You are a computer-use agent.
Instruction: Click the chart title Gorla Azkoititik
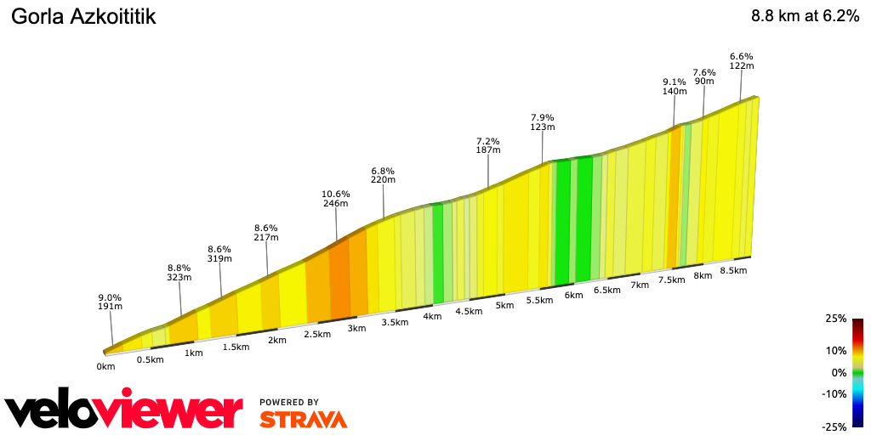pos(83,16)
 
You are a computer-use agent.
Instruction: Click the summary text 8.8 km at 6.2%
pos(805,16)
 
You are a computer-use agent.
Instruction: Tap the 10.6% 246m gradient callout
pos(337,199)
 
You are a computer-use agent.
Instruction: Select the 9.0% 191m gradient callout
pos(110,302)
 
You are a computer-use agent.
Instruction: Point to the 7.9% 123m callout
pos(543,122)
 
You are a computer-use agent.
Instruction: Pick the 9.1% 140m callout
pos(675,87)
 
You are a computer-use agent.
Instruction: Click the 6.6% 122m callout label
pos(742,61)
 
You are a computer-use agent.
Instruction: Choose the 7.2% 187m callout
pos(488,145)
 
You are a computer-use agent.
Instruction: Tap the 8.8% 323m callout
pos(179,273)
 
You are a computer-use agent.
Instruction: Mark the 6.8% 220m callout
pos(383,175)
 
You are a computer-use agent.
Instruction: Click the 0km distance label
pos(105,367)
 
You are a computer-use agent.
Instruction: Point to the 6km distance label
pos(573,296)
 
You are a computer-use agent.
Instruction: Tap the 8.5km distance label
pos(733,271)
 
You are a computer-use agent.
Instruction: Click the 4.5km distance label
pos(470,311)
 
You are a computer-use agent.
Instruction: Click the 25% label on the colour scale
pos(836,319)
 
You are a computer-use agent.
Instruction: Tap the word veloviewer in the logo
pos(124,412)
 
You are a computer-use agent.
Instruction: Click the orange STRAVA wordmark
pos(303,419)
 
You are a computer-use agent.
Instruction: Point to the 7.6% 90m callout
pos(704,76)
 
